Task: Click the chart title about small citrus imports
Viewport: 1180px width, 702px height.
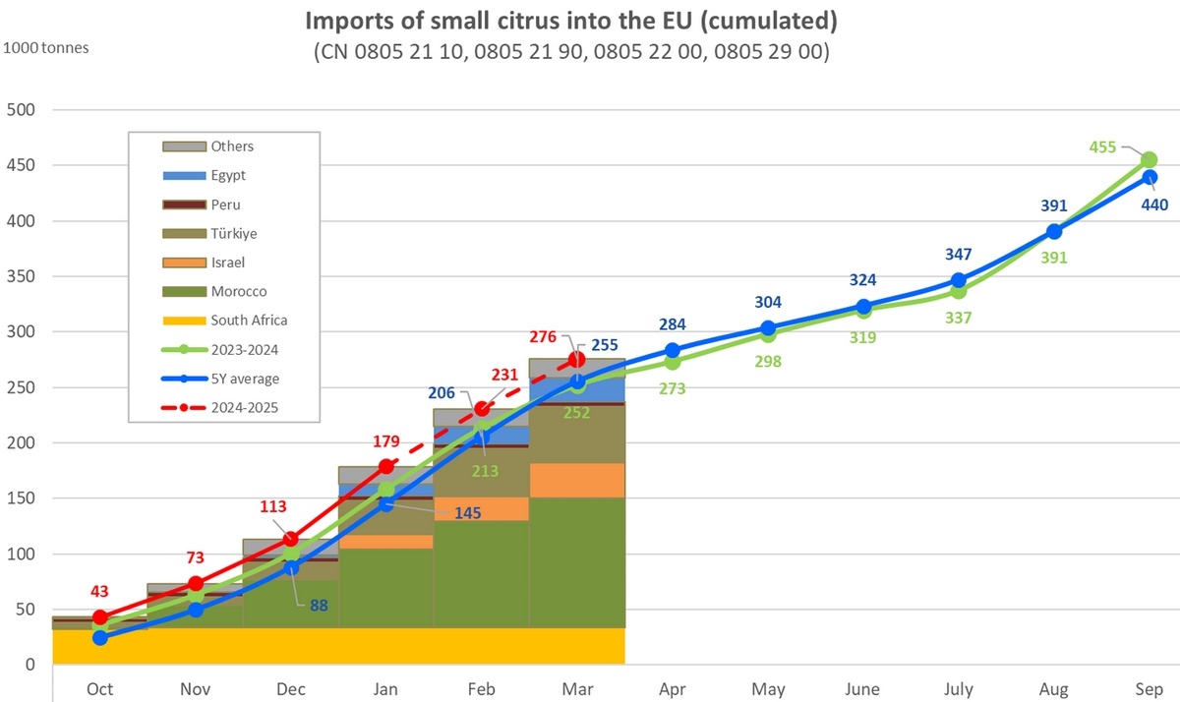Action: pyautogui.click(x=570, y=21)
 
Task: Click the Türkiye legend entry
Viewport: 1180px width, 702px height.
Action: pyautogui.click(x=233, y=233)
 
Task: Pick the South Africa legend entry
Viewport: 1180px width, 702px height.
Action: pyautogui.click(x=248, y=321)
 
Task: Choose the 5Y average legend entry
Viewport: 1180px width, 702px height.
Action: pyautogui.click(x=243, y=379)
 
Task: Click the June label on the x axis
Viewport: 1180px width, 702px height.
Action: pyautogui.click(x=862, y=688)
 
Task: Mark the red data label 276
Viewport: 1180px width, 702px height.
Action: pyautogui.click(x=544, y=337)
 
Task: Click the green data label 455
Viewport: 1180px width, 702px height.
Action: pyautogui.click(x=1101, y=147)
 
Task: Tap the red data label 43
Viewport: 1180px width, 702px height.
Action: pyautogui.click(x=99, y=592)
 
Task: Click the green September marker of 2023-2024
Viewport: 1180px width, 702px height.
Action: pyautogui.click(x=1149, y=160)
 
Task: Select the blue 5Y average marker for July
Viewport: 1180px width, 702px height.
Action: pyautogui.click(x=958, y=281)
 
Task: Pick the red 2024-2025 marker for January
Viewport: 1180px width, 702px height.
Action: pyautogui.click(x=385, y=466)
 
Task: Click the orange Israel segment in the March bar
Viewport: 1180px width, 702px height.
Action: pyautogui.click(x=577, y=480)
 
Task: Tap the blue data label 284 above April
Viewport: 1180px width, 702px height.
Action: pyautogui.click(x=673, y=324)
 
